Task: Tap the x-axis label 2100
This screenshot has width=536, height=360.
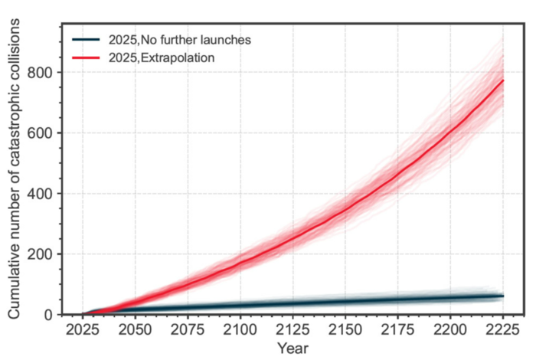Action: click(240, 330)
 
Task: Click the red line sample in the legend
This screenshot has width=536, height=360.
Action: click(87, 57)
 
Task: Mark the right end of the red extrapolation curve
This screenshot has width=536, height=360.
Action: click(502, 80)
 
